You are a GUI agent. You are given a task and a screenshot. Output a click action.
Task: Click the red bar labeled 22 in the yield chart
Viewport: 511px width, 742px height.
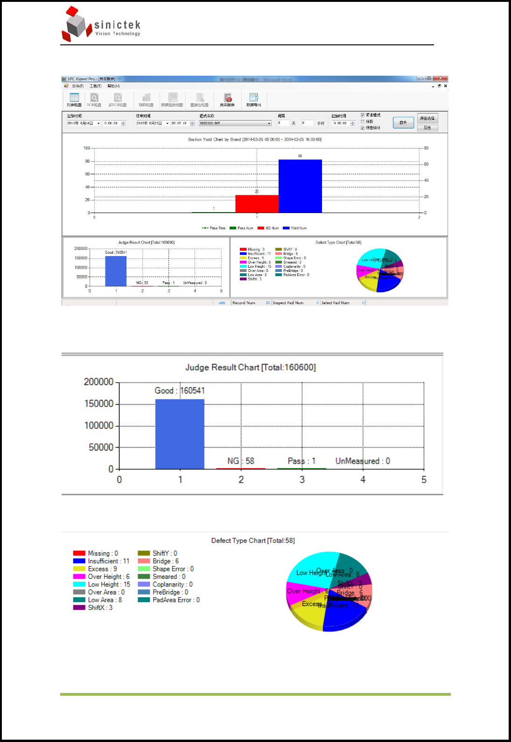[257, 204]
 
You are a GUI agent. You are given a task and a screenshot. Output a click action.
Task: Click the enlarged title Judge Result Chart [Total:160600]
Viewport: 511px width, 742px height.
[251, 367]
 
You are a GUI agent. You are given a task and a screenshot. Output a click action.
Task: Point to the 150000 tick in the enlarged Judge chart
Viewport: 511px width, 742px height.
[99, 404]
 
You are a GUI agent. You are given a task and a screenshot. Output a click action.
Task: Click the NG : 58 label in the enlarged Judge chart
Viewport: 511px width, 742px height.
[241, 461]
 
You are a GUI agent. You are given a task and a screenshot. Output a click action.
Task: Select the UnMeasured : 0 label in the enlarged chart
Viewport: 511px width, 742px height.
[363, 461]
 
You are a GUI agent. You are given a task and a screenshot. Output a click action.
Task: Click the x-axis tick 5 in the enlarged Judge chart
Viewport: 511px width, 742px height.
[424, 480]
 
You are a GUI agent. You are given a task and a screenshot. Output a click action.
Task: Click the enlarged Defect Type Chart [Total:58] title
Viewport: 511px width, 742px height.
[253, 541]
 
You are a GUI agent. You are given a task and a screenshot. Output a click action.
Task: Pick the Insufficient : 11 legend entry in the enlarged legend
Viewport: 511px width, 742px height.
[108, 561]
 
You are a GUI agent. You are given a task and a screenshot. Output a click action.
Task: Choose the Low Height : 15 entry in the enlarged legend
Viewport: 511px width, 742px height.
[109, 585]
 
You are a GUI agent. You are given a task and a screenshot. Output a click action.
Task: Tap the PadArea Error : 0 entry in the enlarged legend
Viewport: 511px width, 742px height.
[176, 600]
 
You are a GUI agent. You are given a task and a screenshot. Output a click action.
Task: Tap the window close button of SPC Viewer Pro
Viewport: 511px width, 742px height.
[441, 78]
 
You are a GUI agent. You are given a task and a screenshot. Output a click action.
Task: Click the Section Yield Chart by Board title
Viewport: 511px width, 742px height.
[254, 139]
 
